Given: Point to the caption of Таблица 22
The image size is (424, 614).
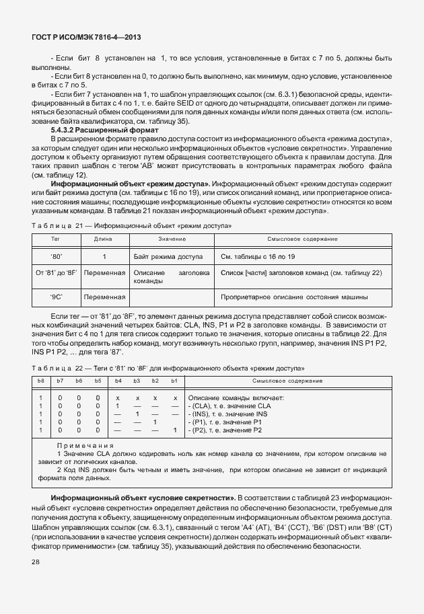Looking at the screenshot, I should pyautogui.click(x=168, y=367).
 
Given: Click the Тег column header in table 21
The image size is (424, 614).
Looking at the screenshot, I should pyautogui.click(x=56, y=239).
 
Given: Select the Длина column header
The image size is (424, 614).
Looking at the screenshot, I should pyautogui.click(x=103, y=239).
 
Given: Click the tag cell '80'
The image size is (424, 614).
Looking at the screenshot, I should pyautogui.click(x=56, y=256).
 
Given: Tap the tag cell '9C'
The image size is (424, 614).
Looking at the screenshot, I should pyautogui.click(x=56, y=297).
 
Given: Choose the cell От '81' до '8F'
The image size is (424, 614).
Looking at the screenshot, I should pyautogui.click(x=56, y=272).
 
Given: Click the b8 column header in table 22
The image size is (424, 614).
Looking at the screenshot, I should pyautogui.click(x=41, y=381).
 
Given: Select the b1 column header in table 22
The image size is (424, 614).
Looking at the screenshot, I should pyautogui.click(x=174, y=381).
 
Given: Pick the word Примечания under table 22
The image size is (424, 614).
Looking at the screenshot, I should pyautogui.click(x=85, y=445).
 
